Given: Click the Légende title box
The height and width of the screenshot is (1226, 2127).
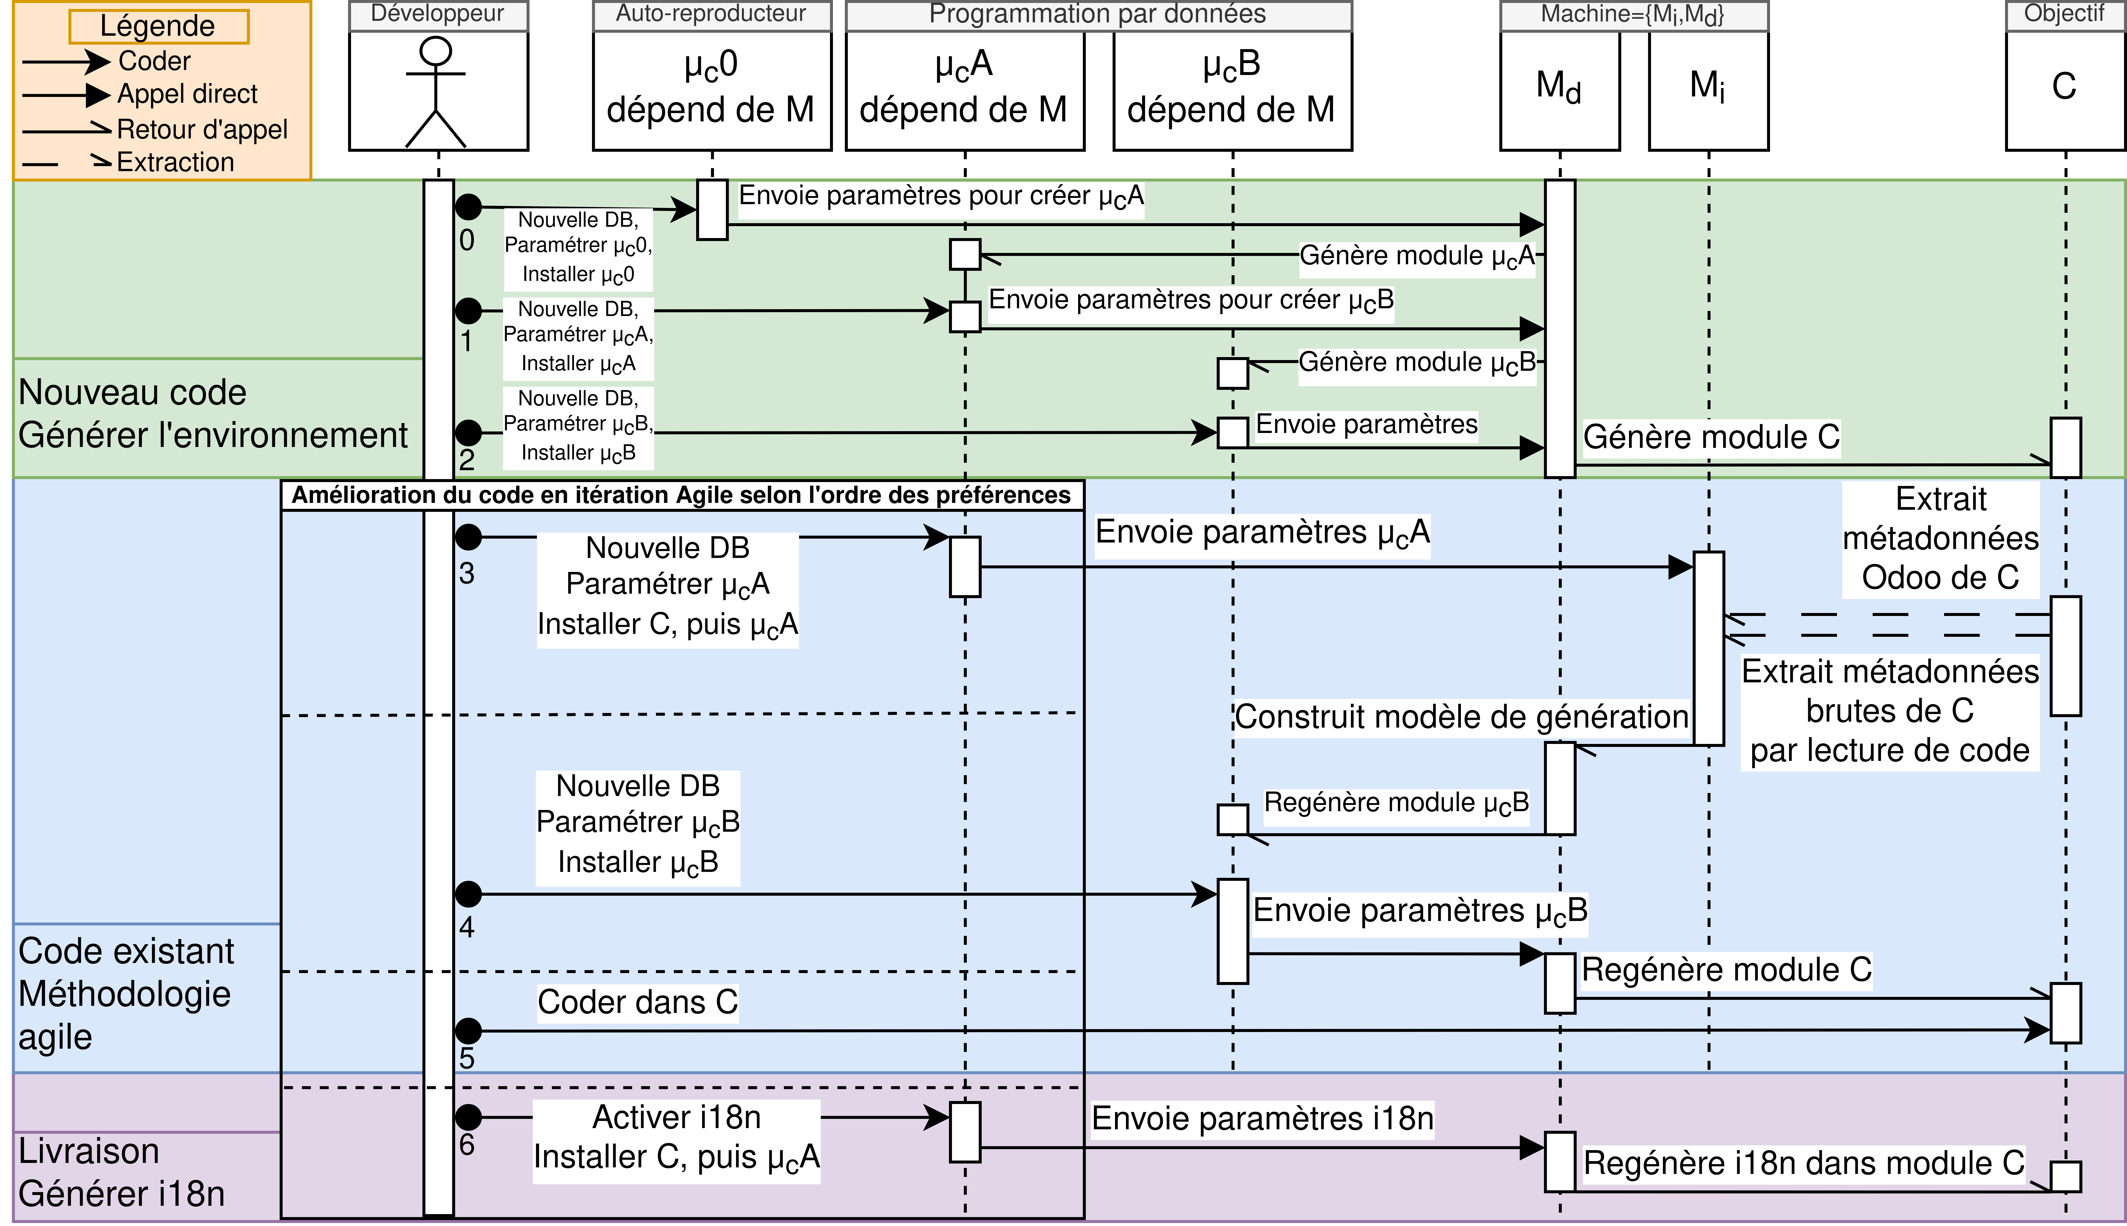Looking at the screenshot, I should (x=158, y=26).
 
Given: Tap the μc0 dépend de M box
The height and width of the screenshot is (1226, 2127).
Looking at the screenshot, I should (x=711, y=90).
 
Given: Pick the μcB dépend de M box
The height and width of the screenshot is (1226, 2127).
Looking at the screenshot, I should (x=1231, y=90).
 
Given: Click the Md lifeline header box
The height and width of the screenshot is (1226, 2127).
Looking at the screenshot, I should (x=1559, y=90).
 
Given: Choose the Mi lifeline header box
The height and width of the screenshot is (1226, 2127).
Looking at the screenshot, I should (x=1708, y=90).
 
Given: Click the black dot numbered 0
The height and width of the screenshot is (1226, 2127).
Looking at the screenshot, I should (x=468, y=206).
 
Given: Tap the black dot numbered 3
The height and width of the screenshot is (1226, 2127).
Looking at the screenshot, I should (x=468, y=536).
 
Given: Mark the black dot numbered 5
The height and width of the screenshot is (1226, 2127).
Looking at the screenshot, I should (x=468, y=1030).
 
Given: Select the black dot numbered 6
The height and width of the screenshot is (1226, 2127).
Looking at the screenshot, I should (x=468, y=1117).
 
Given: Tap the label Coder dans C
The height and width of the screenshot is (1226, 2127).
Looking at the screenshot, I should (x=637, y=1002).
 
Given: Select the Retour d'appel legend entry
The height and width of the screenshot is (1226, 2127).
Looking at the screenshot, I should (x=202, y=130).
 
